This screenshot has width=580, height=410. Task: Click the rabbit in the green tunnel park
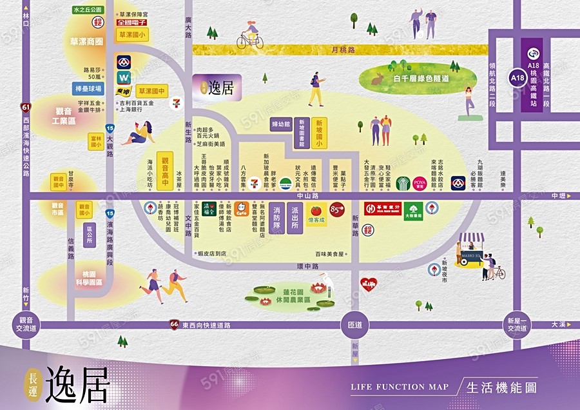378,79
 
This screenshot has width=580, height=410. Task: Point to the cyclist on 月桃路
250,35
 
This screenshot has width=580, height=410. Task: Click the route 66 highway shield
174,323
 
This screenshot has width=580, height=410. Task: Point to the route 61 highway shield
25,108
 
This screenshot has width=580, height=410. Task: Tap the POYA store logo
420,183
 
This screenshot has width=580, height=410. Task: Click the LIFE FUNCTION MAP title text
399,387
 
